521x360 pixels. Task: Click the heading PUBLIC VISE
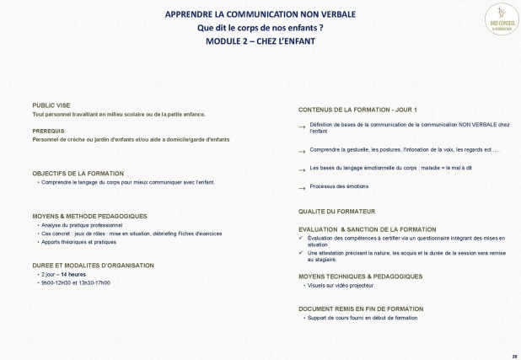point(52,105)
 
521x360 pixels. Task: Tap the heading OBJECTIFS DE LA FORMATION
point(78,173)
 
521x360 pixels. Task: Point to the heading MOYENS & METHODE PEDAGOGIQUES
point(89,216)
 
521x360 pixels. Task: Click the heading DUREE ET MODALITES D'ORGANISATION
point(93,265)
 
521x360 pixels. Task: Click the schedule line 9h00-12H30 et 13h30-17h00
point(75,282)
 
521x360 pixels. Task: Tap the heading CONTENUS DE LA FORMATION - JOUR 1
point(357,110)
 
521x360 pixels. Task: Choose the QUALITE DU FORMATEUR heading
point(336,211)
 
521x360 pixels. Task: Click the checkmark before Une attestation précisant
point(302,253)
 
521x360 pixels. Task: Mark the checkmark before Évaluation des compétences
point(302,238)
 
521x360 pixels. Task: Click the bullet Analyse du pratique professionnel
point(81,225)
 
